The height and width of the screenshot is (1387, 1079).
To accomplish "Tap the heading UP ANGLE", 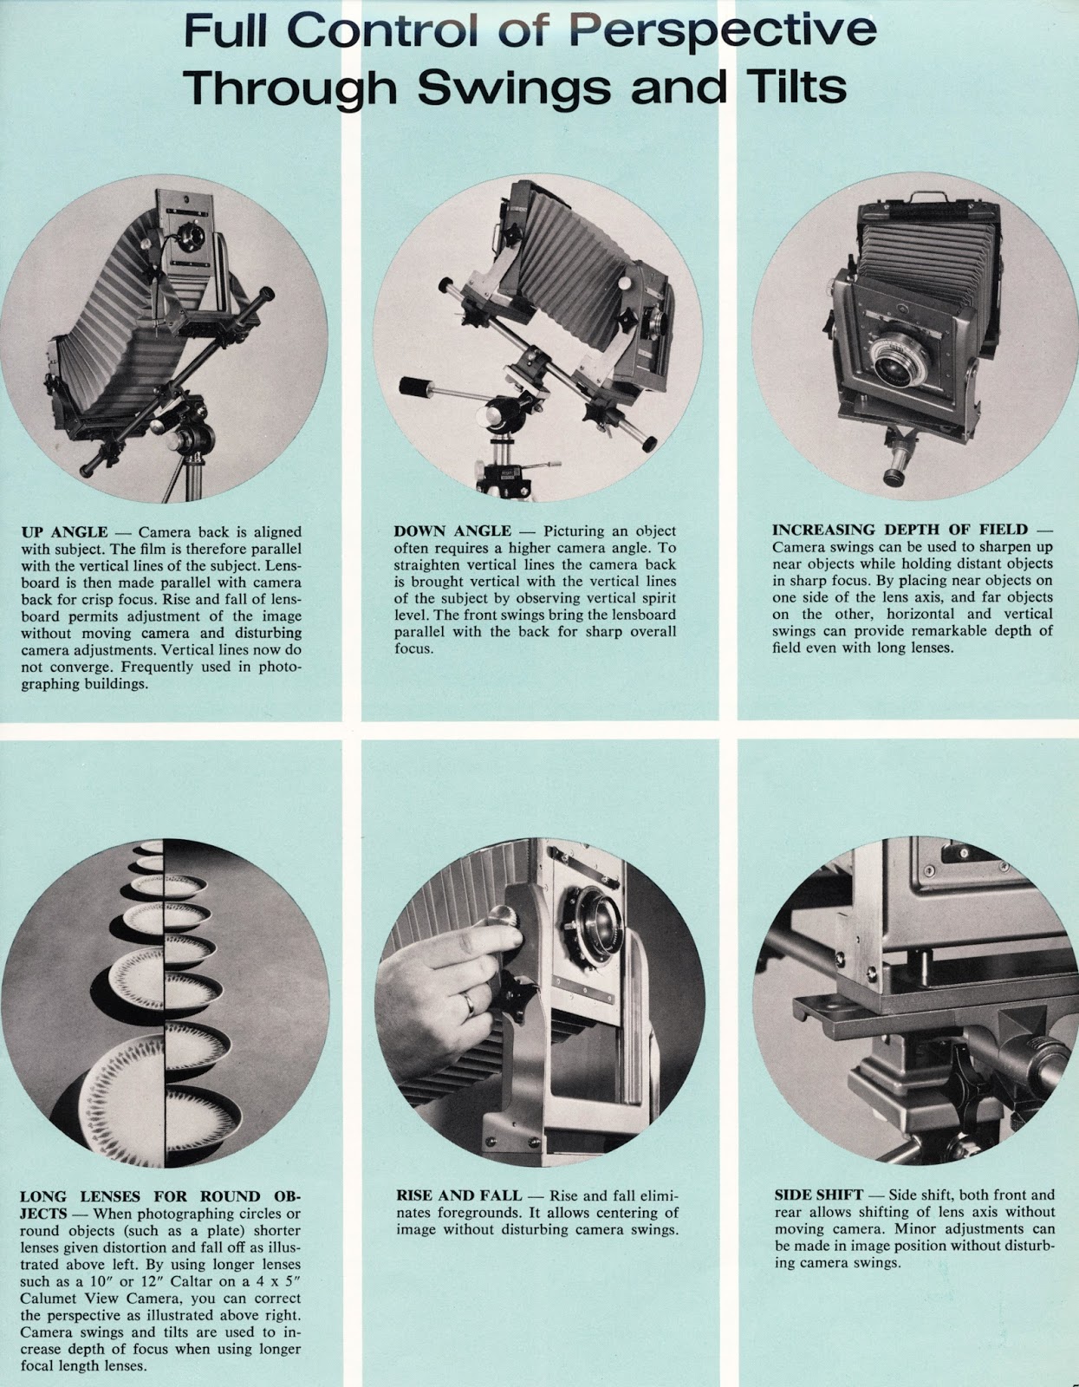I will [64, 531].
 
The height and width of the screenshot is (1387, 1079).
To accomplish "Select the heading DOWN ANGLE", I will [452, 531].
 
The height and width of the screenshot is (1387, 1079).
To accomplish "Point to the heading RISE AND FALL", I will [458, 1195].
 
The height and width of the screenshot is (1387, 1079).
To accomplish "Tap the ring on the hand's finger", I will [468, 1003].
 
